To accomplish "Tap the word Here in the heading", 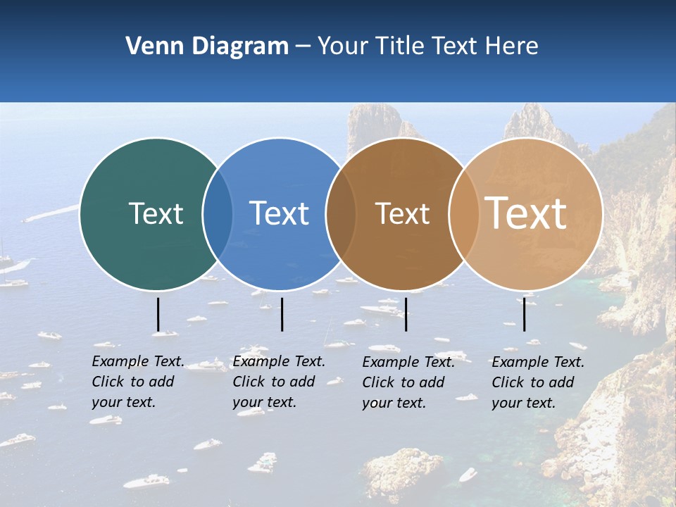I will click(512, 46).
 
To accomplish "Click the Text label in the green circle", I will click(156, 213).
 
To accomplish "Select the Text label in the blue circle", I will click(280, 213).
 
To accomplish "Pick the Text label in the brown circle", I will click(402, 213).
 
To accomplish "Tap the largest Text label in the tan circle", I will click(526, 213).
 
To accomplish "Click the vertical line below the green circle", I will click(158, 314).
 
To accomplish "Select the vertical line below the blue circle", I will click(282, 314).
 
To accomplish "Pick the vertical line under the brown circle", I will click(406, 314).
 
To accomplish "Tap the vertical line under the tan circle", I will click(524, 314).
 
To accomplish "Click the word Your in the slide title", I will click(344, 46).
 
